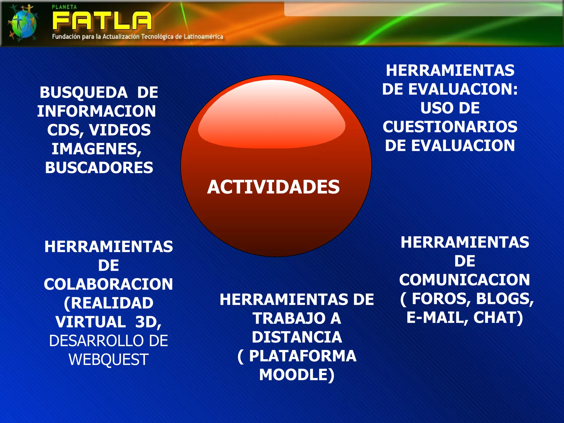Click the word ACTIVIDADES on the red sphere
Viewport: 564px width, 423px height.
[x=273, y=187]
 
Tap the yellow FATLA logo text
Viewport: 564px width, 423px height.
[x=102, y=21]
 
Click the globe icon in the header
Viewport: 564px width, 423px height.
[x=23, y=23]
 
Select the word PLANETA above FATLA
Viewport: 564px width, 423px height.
[x=64, y=7]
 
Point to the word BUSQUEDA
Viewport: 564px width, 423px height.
[x=83, y=93]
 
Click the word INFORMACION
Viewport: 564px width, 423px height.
[x=96, y=111]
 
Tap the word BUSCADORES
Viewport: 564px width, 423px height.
[x=99, y=168]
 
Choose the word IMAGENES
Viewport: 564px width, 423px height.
[x=96, y=149]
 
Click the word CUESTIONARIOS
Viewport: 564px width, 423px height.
[x=450, y=127]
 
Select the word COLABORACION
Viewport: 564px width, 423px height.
[x=108, y=284]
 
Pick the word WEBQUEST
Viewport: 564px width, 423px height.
[x=109, y=360]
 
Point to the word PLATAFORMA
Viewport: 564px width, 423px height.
[x=303, y=356]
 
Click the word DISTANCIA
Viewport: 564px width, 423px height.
[x=297, y=337]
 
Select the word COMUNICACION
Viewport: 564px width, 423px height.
[x=465, y=280]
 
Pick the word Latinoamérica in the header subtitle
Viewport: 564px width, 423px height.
[x=203, y=37]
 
